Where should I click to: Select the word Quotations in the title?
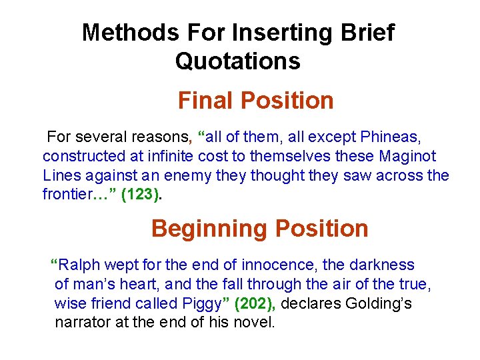237,61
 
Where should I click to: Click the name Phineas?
389,137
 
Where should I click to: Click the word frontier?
67,195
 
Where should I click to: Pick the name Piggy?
200,304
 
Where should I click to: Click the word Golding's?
377,304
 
